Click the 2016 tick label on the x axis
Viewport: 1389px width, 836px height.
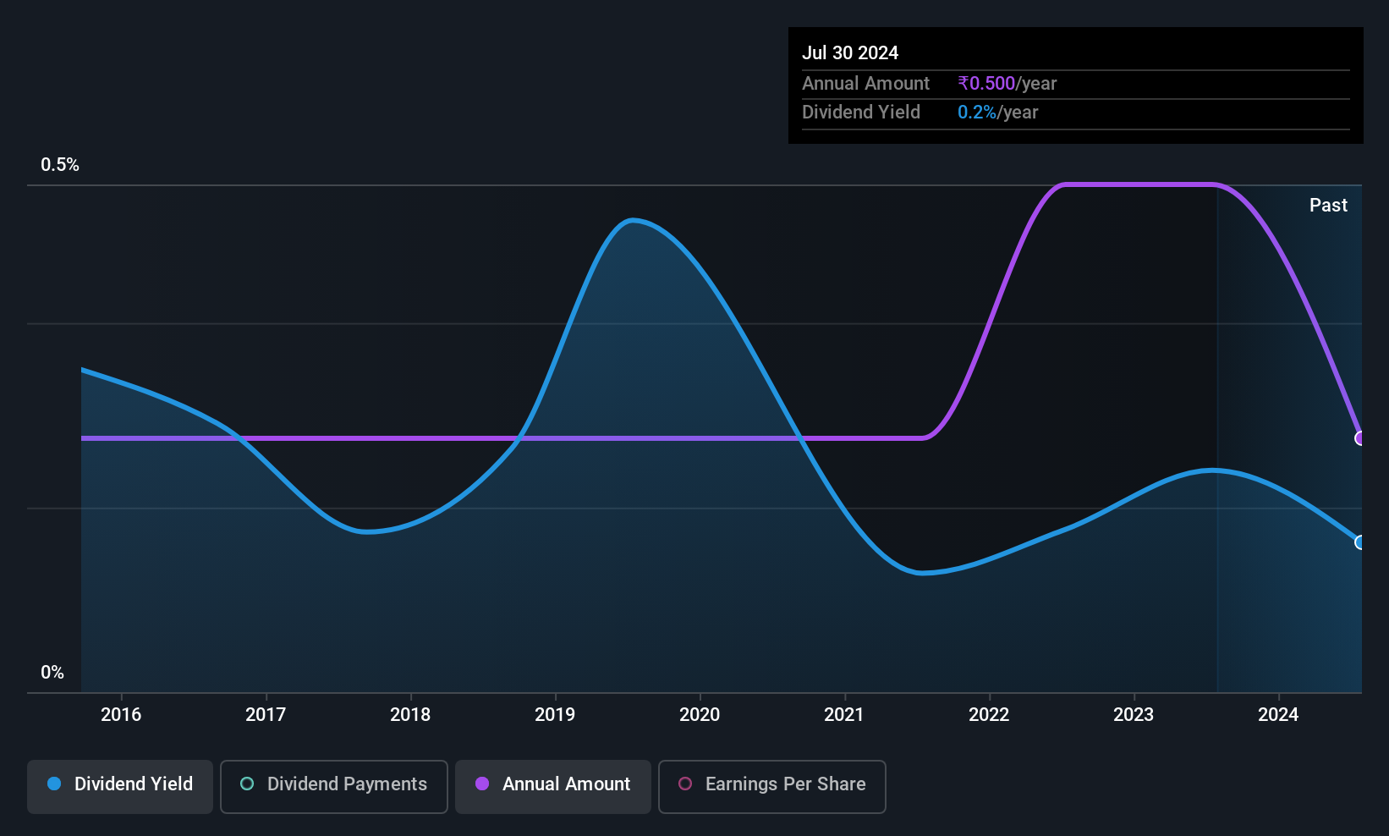[x=121, y=714]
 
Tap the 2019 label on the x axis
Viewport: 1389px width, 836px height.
[x=555, y=714]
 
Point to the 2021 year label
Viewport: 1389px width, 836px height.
[x=844, y=714]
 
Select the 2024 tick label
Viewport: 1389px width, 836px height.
[x=1278, y=714]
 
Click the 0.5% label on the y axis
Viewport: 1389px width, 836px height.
[x=59, y=165]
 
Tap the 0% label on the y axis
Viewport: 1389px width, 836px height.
[x=52, y=673]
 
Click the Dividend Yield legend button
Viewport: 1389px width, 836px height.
[x=119, y=786]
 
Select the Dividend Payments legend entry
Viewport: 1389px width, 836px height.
[x=333, y=786]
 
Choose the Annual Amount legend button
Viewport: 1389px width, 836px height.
[x=553, y=786]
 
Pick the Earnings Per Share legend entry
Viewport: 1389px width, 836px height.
[x=772, y=786]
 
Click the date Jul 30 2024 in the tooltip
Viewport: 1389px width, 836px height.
[x=850, y=52]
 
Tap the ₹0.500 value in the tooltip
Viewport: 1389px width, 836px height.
[x=986, y=83]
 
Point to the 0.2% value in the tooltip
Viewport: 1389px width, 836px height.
[x=977, y=113]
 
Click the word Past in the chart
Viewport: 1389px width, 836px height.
[x=1328, y=206]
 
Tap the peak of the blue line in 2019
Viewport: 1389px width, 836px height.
[x=632, y=220]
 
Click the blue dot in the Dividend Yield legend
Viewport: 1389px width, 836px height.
[x=55, y=784]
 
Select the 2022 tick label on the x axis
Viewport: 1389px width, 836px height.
[x=989, y=714]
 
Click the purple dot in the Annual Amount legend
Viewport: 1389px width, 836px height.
[x=482, y=784]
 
